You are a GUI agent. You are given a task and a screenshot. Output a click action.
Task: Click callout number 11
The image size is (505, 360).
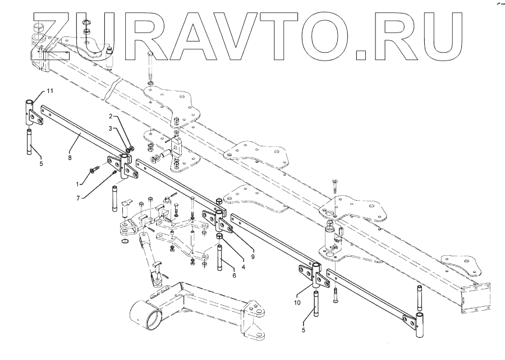click(x=49, y=90)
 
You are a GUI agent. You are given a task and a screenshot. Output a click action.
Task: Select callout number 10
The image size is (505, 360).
click(x=297, y=303)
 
